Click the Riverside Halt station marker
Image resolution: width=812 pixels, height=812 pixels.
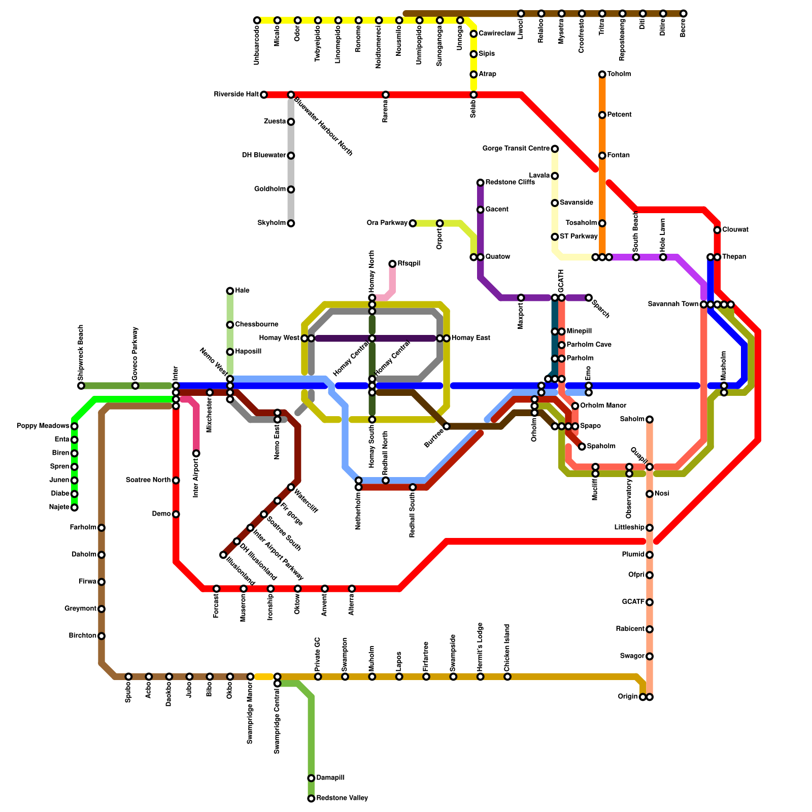(x=264, y=95)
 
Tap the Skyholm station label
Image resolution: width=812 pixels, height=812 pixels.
(x=272, y=223)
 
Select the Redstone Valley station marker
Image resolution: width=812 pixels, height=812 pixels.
(x=311, y=799)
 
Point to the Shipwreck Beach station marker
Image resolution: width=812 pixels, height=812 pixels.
(x=81, y=386)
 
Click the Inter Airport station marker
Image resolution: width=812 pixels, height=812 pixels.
(x=196, y=454)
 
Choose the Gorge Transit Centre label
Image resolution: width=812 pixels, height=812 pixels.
(x=516, y=149)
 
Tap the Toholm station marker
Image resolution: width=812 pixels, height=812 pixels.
(x=602, y=75)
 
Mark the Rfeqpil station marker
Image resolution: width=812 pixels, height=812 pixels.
(x=392, y=264)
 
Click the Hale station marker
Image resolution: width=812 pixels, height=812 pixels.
(x=230, y=291)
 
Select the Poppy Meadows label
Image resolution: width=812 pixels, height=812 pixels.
(x=43, y=426)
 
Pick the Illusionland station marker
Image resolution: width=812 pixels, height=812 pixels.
(x=223, y=555)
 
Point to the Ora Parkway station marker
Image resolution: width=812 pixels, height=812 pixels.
(x=413, y=223)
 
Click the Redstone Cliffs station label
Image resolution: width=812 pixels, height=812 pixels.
(x=510, y=182)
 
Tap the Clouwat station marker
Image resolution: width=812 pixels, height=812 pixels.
(x=717, y=230)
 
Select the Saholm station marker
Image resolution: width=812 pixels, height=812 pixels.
(x=649, y=419)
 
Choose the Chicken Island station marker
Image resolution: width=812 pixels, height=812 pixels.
(x=507, y=677)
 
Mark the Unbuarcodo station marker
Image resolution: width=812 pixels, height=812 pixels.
(x=257, y=20)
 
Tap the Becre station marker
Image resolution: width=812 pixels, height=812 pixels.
(x=684, y=13)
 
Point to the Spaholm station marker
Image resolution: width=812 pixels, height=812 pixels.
(x=582, y=447)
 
